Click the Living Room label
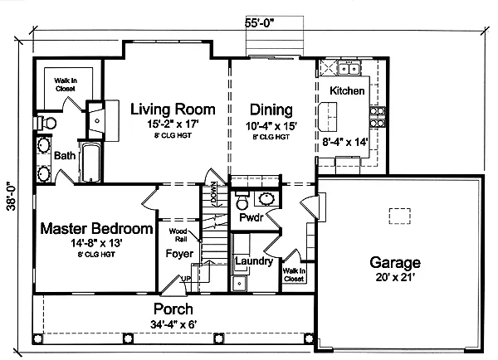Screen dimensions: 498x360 coord(173,109)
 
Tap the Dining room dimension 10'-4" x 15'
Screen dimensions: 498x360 coord(271,126)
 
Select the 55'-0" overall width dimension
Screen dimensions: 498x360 coord(259,23)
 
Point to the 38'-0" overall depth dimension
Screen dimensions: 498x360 coord(12,196)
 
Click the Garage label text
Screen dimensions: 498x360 coord(395,263)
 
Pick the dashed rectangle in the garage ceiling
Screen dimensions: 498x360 coord(400,216)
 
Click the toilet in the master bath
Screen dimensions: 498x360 coord(46,123)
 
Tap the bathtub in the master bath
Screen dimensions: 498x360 coord(90,163)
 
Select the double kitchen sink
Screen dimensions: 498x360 coord(349,69)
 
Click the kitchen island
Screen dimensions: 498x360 coord(328,116)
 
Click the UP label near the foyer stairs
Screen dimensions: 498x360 coord(186,279)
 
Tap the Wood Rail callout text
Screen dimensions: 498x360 coord(178,235)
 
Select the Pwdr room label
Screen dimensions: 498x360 coord(251,218)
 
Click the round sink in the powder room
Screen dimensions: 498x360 coord(266,199)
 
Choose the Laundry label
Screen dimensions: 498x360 coord(254,261)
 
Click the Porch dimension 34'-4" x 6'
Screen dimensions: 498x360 coord(173,324)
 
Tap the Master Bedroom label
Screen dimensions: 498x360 coord(96,229)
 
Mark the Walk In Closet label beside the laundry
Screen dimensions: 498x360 coord(294,275)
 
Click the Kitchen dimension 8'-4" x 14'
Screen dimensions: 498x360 coord(345,142)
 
